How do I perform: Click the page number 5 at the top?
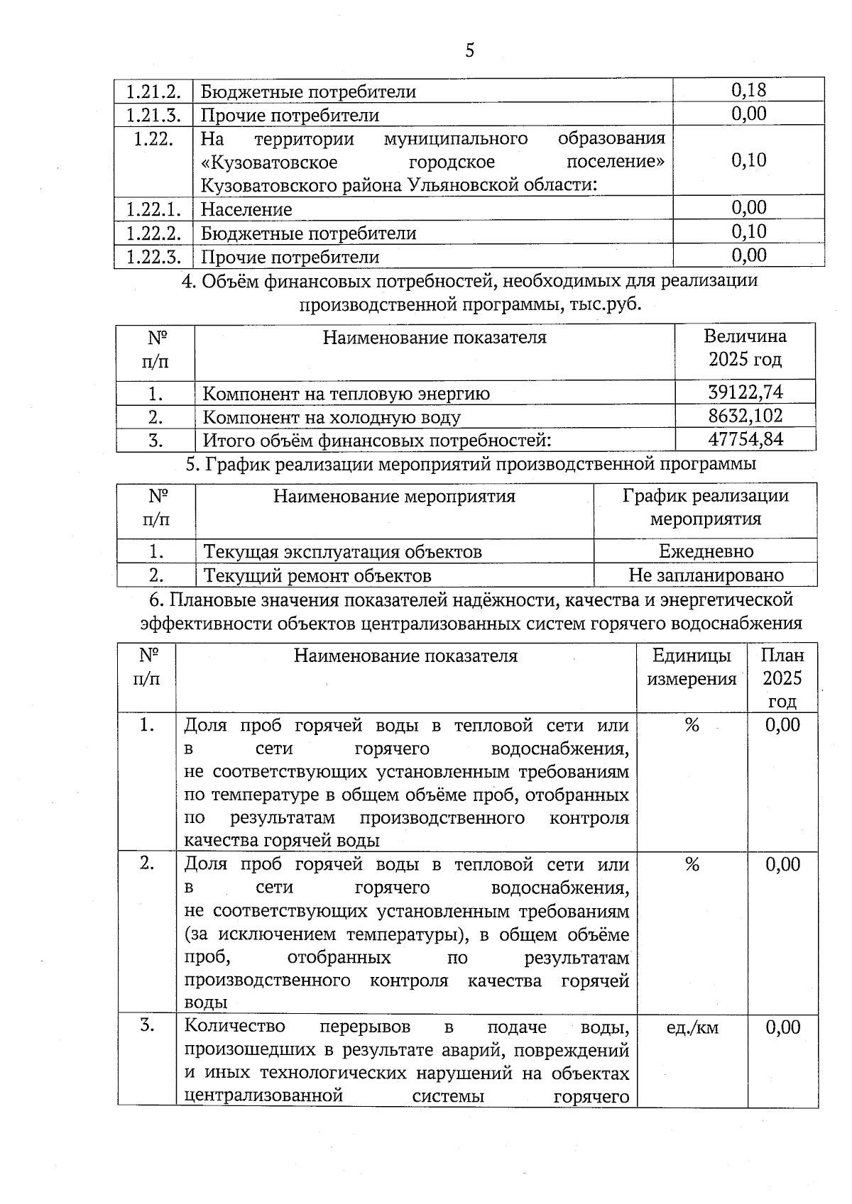[x=469, y=50]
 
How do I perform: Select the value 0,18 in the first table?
[x=748, y=90]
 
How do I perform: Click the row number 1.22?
[x=153, y=138]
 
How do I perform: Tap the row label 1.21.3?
[x=153, y=114]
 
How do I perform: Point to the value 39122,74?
[x=745, y=392]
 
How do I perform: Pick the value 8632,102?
[x=745, y=416]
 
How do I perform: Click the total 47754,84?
[x=745, y=439]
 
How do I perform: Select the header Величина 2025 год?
[x=745, y=348]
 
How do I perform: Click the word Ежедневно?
[x=706, y=551]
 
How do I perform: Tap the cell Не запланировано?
[x=706, y=575]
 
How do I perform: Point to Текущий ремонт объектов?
[x=317, y=575]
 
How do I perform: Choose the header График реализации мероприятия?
[x=705, y=507]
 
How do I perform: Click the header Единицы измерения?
[x=691, y=667]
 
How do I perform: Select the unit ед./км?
[x=692, y=1027]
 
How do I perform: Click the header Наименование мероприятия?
[x=394, y=496]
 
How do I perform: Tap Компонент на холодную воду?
[x=332, y=416]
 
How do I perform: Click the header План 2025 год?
[x=782, y=678]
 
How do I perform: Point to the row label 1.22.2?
[x=153, y=233]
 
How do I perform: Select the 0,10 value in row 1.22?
[x=748, y=160]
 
